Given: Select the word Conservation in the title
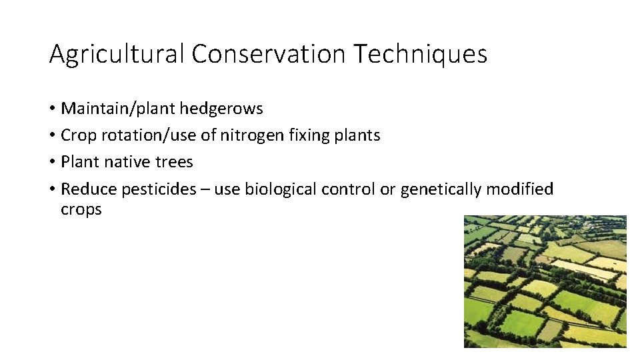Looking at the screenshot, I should click(x=269, y=54).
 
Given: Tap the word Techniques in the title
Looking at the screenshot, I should click(x=420, y=54).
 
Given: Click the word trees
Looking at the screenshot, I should click(x=175, y=162).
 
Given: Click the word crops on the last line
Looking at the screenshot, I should click(x=81, y=209).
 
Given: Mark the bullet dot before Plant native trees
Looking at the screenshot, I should click(x=52, y=163).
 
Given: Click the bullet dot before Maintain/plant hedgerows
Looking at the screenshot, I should click(x=52, y=109).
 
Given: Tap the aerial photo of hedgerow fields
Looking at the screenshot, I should click(x=545, y=281).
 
